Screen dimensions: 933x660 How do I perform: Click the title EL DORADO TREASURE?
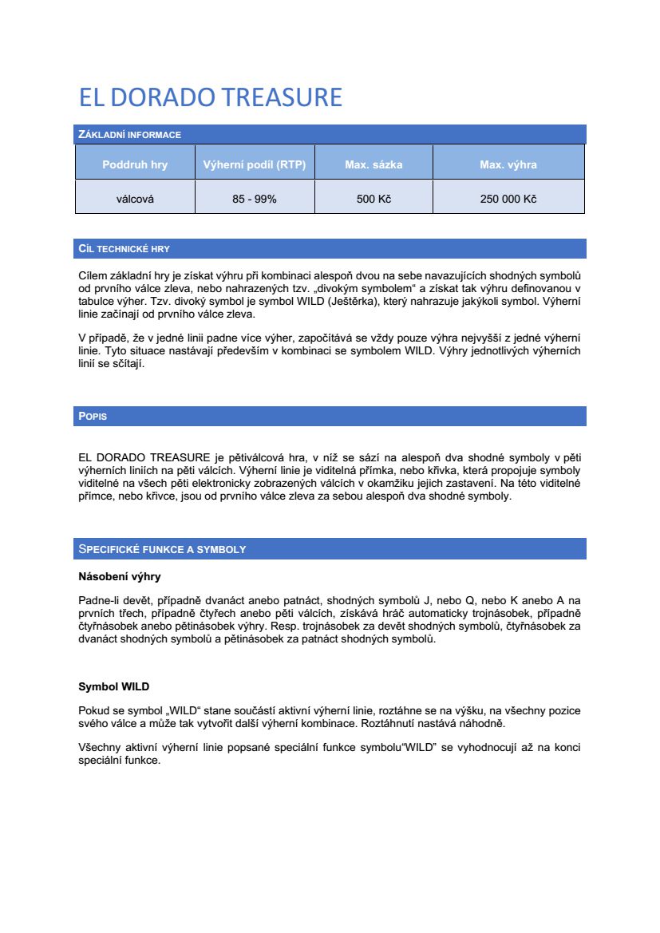point(210,97)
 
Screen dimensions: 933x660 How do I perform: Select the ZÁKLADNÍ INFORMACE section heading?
point(129,135)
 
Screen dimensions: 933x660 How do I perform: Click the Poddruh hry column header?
point(135,165)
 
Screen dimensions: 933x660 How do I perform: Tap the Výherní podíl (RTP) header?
point(255,165)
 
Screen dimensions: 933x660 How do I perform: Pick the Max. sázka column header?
point(373,165)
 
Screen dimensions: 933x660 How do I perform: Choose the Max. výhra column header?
point(508,165)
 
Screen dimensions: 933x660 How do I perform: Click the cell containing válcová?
point(135,199)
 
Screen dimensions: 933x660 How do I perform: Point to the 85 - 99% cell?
point(255,199)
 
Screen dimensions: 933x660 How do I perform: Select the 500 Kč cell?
point(373,199)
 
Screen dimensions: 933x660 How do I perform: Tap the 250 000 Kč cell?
point(508,199)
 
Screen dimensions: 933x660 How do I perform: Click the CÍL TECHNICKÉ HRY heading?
point(124,249)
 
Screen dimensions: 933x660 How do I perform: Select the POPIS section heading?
point(93,417)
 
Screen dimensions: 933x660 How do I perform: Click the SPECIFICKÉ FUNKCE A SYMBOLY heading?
point(162,549)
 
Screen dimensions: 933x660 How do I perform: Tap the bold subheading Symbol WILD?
point(113,686)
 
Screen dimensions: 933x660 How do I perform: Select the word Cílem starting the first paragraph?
point(93,275)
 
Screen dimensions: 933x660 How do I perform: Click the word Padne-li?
point(99,599)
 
